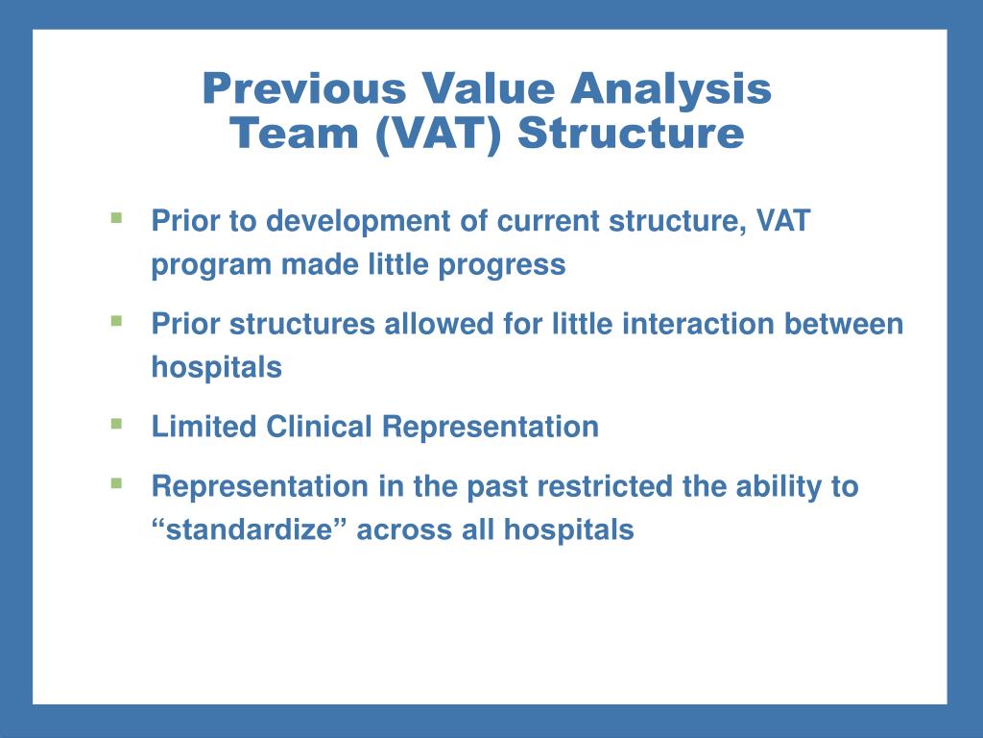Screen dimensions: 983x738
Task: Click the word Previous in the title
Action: (304, 88)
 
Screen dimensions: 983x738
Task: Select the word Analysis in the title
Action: (671, 89)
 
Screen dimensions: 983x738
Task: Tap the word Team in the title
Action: (294, 133)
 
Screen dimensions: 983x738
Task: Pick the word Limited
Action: (204, 427)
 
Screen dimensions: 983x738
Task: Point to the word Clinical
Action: (319, 427)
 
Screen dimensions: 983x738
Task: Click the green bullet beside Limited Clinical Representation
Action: (116, 424)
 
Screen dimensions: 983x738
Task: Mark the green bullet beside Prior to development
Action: (116, 218)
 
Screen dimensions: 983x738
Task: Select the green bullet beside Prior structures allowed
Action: (116, 321)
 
